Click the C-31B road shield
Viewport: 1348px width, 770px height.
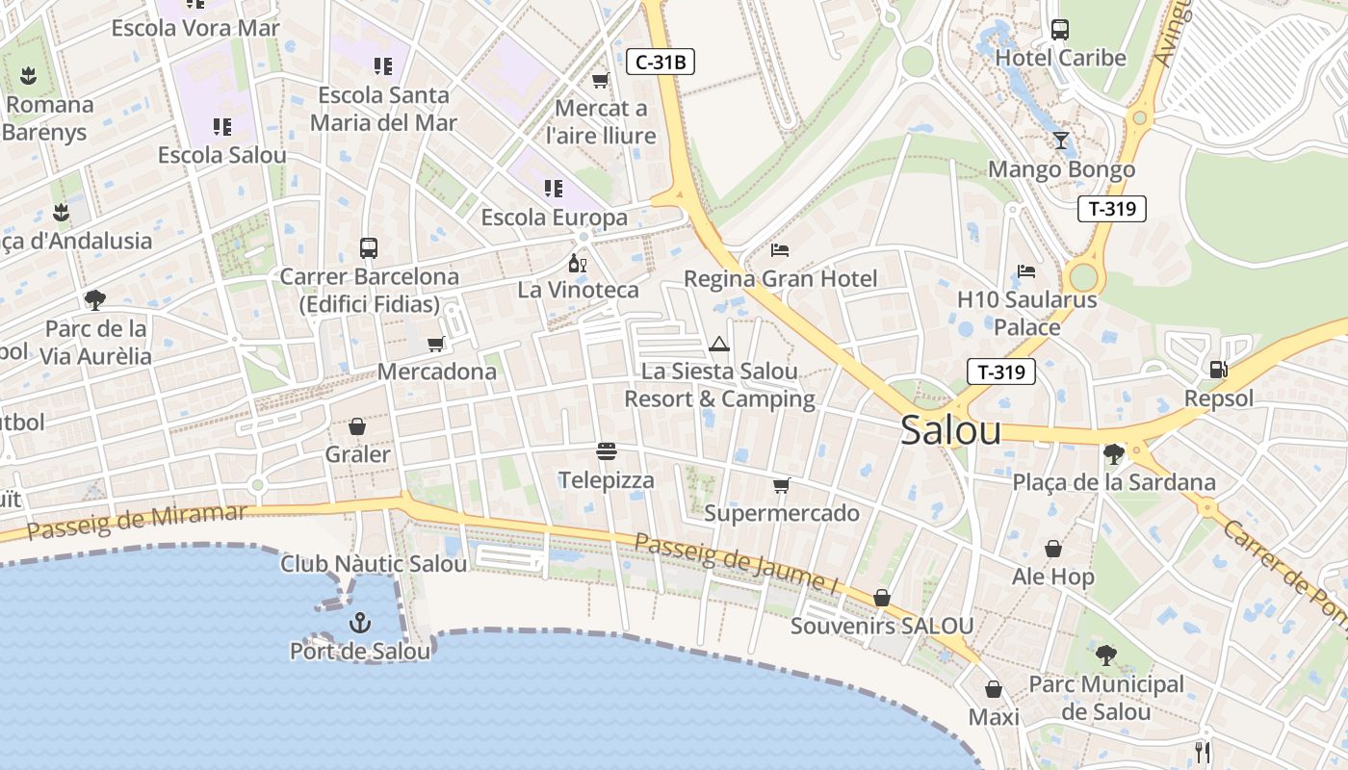(661, 63)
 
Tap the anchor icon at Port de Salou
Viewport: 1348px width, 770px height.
(360, 623)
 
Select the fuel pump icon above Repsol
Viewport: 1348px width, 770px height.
(1218, 369)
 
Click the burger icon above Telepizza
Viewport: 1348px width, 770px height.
(607, 451)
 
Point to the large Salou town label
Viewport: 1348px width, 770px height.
(950, 430)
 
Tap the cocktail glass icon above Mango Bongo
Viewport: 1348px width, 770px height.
(1060, 141)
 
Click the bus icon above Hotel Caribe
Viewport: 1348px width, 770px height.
(1060, 30)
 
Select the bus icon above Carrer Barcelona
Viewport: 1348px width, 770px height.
(369, 248)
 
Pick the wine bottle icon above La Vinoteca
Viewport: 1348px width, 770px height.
(577, 262)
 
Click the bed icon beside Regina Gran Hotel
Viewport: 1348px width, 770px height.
(780, 250)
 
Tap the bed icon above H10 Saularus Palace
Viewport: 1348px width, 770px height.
(1026, 271)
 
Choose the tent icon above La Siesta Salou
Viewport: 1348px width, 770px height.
(719, 344)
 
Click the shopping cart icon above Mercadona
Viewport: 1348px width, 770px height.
(436, 344)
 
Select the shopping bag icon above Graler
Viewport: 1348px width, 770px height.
(357, 426)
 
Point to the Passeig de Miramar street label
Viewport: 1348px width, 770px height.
(137, 521)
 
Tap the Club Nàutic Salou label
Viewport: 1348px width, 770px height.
(374, 564)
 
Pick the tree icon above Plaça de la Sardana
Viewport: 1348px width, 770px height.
(1113, 453)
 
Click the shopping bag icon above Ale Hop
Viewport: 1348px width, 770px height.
(1053, 549)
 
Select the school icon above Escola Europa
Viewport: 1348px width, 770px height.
(554, 189)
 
